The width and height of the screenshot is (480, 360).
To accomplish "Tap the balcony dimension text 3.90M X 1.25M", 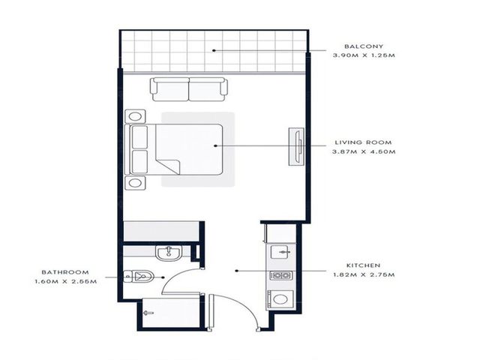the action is click(x=364, y=55).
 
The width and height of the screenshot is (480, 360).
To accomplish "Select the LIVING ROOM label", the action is click(x=363, y=142).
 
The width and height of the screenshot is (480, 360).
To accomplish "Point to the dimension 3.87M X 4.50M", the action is click(x=364, y=151).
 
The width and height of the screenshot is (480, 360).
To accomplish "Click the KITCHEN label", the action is click(x=363, y=265).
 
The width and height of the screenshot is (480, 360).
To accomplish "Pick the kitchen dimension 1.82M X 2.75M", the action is click(x=364, y=274).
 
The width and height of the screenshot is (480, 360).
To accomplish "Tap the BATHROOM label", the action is click(x=65, y=272).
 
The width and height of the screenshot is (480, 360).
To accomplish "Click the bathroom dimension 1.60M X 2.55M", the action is click(x=66, y=281).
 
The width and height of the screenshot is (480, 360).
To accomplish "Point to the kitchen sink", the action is click(x=279, y=252).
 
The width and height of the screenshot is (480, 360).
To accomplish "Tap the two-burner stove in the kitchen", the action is click(x=281, y=275).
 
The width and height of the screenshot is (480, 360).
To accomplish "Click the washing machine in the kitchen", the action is click(x=280, y=298).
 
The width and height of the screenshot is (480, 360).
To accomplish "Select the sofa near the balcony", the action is click(x=189, y=89).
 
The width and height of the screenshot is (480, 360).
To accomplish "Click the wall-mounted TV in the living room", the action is click(x=297, y=147).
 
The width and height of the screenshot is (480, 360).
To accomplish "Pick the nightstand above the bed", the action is click(x=135, y=117).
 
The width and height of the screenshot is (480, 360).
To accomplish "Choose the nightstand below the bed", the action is click(x=135, y=183).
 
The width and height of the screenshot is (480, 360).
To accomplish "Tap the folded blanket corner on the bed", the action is click(x=168, y=166).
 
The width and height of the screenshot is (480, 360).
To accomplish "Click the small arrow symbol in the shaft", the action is click(x=148, y=313).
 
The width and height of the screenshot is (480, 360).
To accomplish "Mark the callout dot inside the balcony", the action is click(x=214, y=50).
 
